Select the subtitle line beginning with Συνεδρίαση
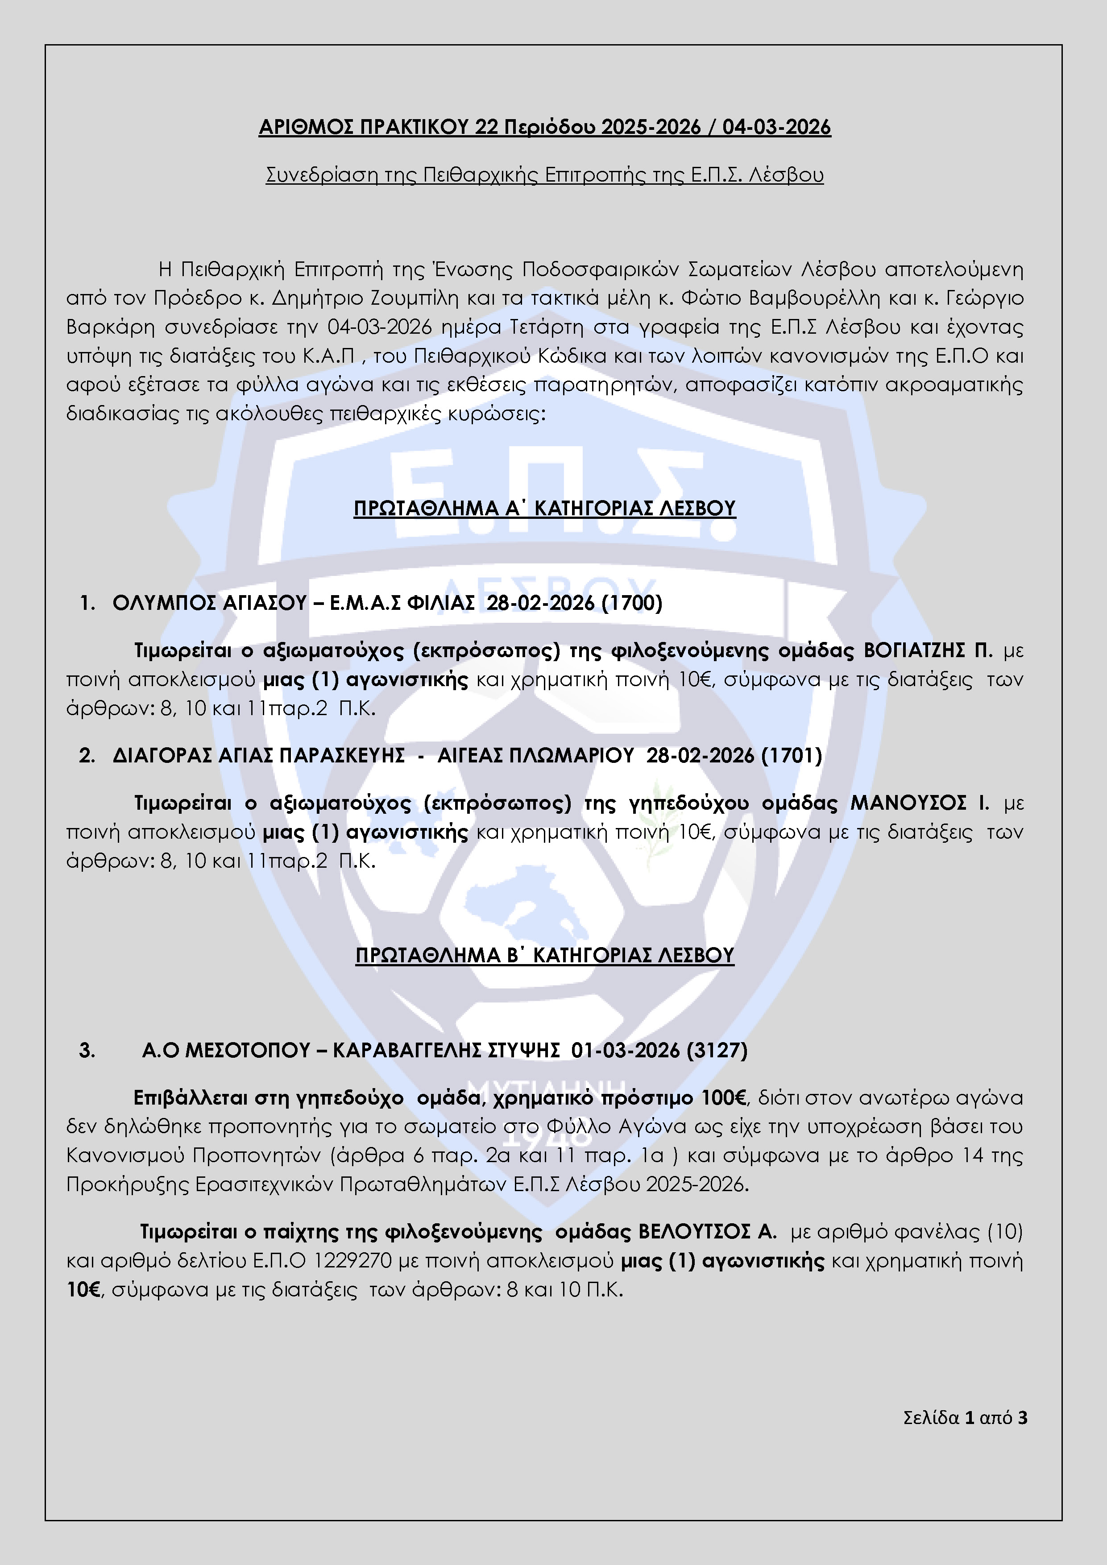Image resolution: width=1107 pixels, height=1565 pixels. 545,175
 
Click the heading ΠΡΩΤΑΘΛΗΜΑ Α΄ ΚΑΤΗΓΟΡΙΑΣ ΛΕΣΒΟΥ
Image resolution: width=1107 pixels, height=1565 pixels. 545,509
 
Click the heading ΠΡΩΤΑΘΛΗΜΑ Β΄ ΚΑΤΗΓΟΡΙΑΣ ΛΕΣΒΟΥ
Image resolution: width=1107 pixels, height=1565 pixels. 545,956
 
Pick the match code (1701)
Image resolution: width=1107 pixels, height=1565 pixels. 792,756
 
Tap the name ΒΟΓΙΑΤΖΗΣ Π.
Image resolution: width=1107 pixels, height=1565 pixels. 928,651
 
